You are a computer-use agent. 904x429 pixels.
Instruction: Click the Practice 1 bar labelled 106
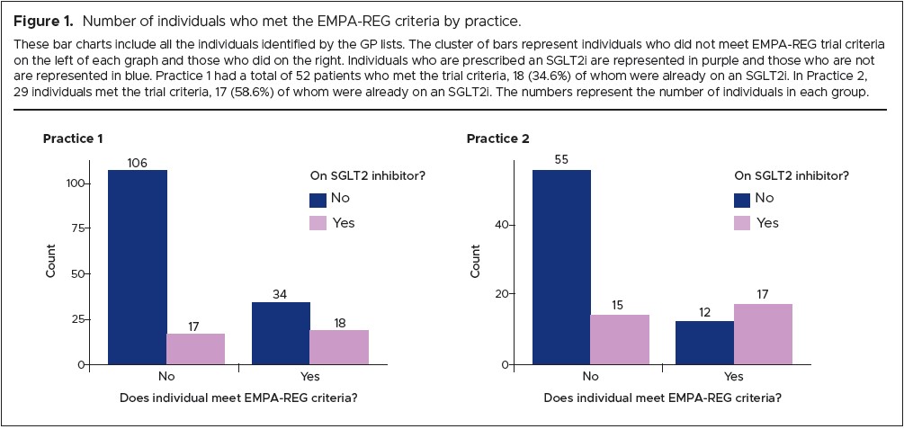pyautogui.click(x=137, y=267)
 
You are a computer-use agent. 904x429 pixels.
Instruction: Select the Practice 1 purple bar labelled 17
pyautogui.click(x=195, y=349)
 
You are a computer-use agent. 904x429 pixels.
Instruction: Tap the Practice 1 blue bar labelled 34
pyautogui.click(x=281, y=333)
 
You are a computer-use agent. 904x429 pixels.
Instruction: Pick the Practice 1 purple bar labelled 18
pyautogui.click(x=339, y=347)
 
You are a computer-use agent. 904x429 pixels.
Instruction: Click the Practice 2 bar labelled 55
pyautogui.click(x=561, y=267)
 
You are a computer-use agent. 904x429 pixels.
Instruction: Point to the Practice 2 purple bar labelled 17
pyautogui.click(x=763, y=334)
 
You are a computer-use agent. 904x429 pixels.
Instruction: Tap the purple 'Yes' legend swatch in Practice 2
pyautogui.click(x=741, y=223)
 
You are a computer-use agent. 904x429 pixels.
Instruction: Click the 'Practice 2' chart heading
pyautogui.click(x=497, y=139)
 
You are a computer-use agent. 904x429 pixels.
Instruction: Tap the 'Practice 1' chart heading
pyautogui.click(x=73, y=139)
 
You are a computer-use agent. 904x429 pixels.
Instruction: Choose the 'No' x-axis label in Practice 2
pyautogui.click(x=590, y=377)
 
